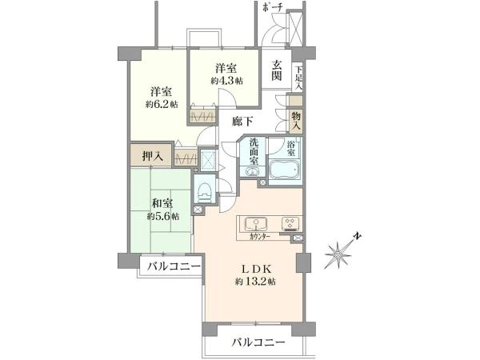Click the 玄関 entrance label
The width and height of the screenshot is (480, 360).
277,70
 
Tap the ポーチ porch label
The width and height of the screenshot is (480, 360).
272,8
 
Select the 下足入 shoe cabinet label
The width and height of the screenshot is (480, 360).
298,78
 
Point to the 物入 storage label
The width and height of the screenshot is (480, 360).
296,121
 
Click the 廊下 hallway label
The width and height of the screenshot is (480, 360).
242,122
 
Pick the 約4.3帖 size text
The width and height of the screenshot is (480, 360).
227,81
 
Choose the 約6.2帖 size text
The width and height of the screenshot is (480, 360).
162,104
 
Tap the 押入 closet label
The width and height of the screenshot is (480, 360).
153,157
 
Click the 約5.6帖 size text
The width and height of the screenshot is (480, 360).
163,217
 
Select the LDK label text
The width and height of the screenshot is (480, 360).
257,269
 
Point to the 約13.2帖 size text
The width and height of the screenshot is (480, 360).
256,282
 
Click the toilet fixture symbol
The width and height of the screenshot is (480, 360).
204,192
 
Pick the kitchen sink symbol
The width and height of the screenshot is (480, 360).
256,224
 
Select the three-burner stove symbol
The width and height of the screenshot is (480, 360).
290,223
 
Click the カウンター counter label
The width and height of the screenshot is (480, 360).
259,236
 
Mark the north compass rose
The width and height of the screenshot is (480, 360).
339,253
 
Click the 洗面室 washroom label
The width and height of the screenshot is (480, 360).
254,151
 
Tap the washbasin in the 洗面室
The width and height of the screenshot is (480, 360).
253,171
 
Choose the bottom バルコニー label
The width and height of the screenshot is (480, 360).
258,342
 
